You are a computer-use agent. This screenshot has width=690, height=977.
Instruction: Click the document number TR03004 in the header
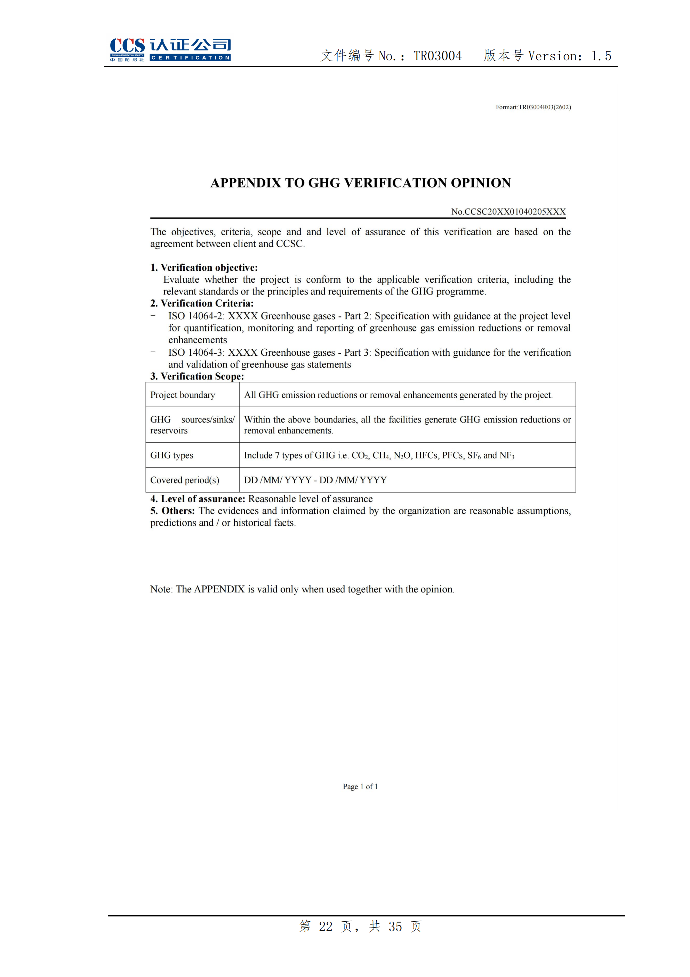pyautogui.click(x=438, y=56)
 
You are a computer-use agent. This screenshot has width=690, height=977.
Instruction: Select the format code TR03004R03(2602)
pyautogui.click(x=544, y=107)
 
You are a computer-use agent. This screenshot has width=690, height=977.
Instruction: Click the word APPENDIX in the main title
pyautogui.click(x=246, y=183)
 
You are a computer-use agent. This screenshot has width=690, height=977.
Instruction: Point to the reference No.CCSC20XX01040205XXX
pyautogui.click(x=508, y=212)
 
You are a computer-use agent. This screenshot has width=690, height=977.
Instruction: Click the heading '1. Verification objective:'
pyautogui.click(x=204, y=268)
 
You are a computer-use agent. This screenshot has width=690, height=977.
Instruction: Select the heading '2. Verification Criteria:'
pyautogui.click(x=202, y=304)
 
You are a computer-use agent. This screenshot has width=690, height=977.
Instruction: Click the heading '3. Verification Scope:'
pyautogui.click(x=197, y=377)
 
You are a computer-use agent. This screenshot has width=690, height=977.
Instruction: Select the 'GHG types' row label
pyautogui.click(x=172, y=456)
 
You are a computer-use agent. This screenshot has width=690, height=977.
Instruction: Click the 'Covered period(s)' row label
pyautogui.click(x=185, y=480)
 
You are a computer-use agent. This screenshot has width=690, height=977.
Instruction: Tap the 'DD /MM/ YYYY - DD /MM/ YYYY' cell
pyautogui.click(x=315, y=480)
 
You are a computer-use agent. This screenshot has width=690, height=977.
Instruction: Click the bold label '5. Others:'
pyautogui.click(x=172, y=511)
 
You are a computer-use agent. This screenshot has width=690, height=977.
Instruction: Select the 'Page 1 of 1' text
pyautogui.click(x=360, y=787)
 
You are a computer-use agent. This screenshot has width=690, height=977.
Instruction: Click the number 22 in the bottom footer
pyautogui.click(x=326, y=927)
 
